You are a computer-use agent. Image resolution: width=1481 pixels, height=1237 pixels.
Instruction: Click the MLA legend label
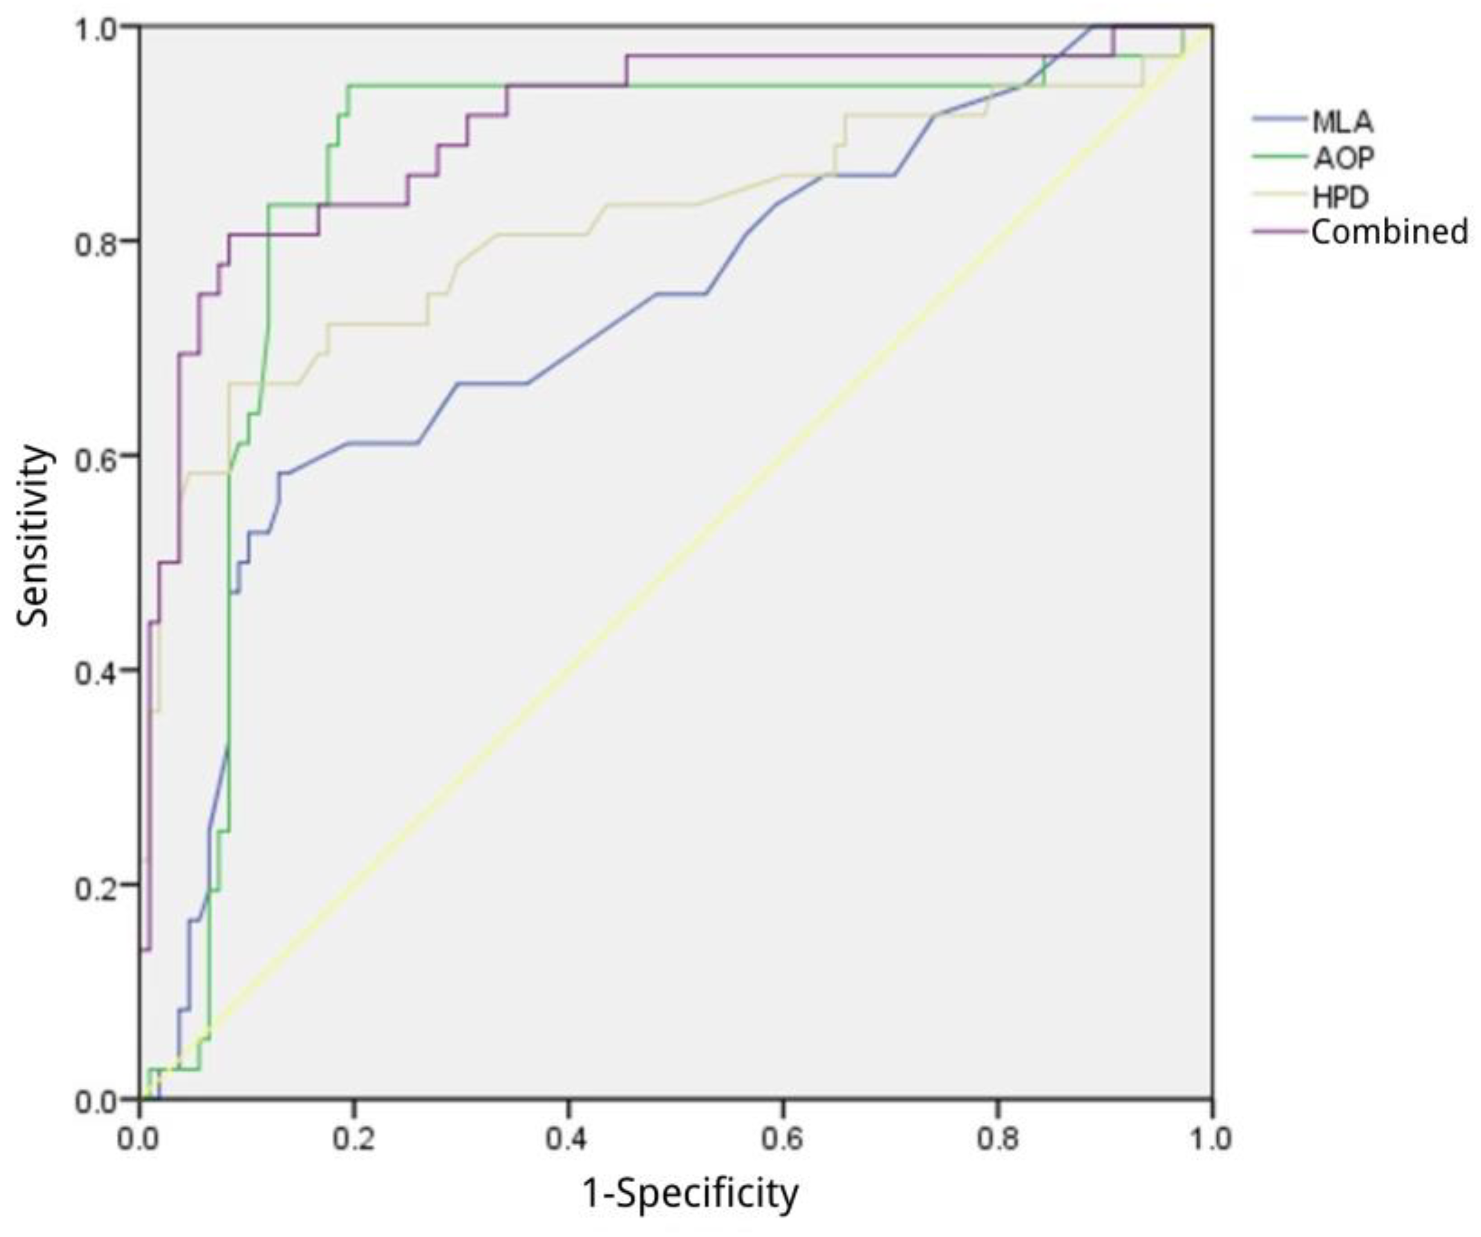1342,122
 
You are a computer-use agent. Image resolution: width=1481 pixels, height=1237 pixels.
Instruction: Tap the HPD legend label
1340,197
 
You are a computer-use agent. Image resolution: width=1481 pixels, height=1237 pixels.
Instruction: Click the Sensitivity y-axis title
34,536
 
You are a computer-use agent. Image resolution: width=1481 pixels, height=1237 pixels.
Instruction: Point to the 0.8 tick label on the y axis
95,241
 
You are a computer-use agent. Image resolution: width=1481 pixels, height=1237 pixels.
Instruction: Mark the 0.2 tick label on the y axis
95,885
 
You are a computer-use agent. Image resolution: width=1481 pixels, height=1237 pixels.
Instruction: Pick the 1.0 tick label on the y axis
95,26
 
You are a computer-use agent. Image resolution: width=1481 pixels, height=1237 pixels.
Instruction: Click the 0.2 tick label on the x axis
354,1138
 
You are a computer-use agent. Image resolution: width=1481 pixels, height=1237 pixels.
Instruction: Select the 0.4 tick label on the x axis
569,1138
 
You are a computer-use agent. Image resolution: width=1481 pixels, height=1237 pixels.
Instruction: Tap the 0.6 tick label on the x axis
783,1138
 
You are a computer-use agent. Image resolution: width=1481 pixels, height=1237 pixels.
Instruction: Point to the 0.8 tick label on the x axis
997,1138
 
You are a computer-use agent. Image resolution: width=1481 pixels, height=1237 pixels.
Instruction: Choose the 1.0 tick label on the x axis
1211,1138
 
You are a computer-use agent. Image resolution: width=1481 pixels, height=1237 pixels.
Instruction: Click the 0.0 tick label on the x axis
139,1138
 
